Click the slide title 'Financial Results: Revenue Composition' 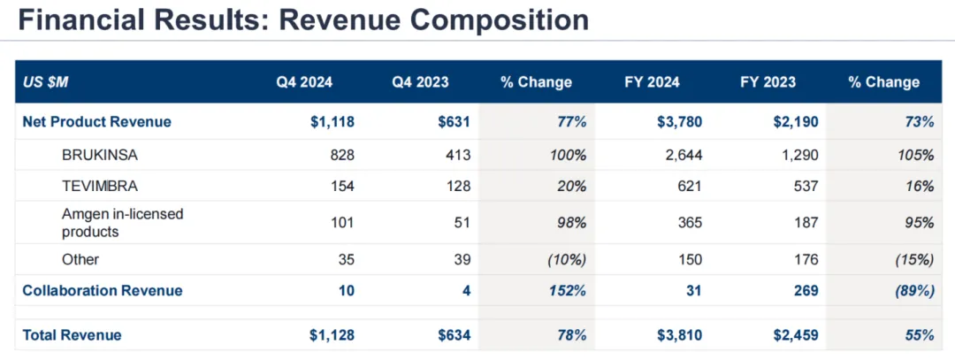(302, 20)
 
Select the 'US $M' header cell (46, 82)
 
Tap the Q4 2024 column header (304, 82)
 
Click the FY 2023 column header (768, 82)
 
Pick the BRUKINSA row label (101, 155)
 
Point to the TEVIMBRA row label (101, 187)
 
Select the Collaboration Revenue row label (103, 290)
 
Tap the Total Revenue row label (72, 335)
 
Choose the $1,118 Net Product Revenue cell (333, 122)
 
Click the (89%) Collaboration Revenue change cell (913, 290)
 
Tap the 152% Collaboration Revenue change (568, 290)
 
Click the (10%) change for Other (566, 259)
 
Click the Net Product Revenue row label (96, 122)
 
